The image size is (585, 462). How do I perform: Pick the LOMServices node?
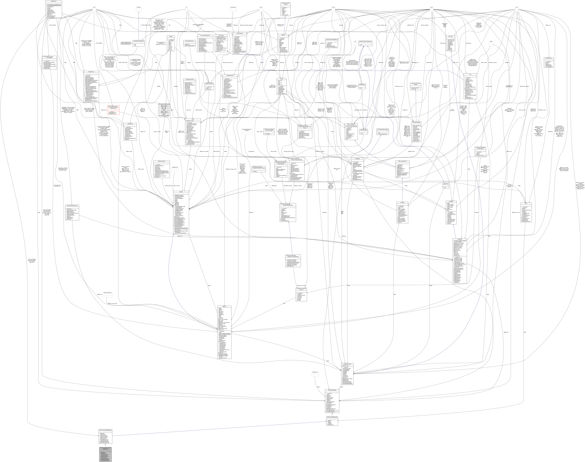pos(175,167)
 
